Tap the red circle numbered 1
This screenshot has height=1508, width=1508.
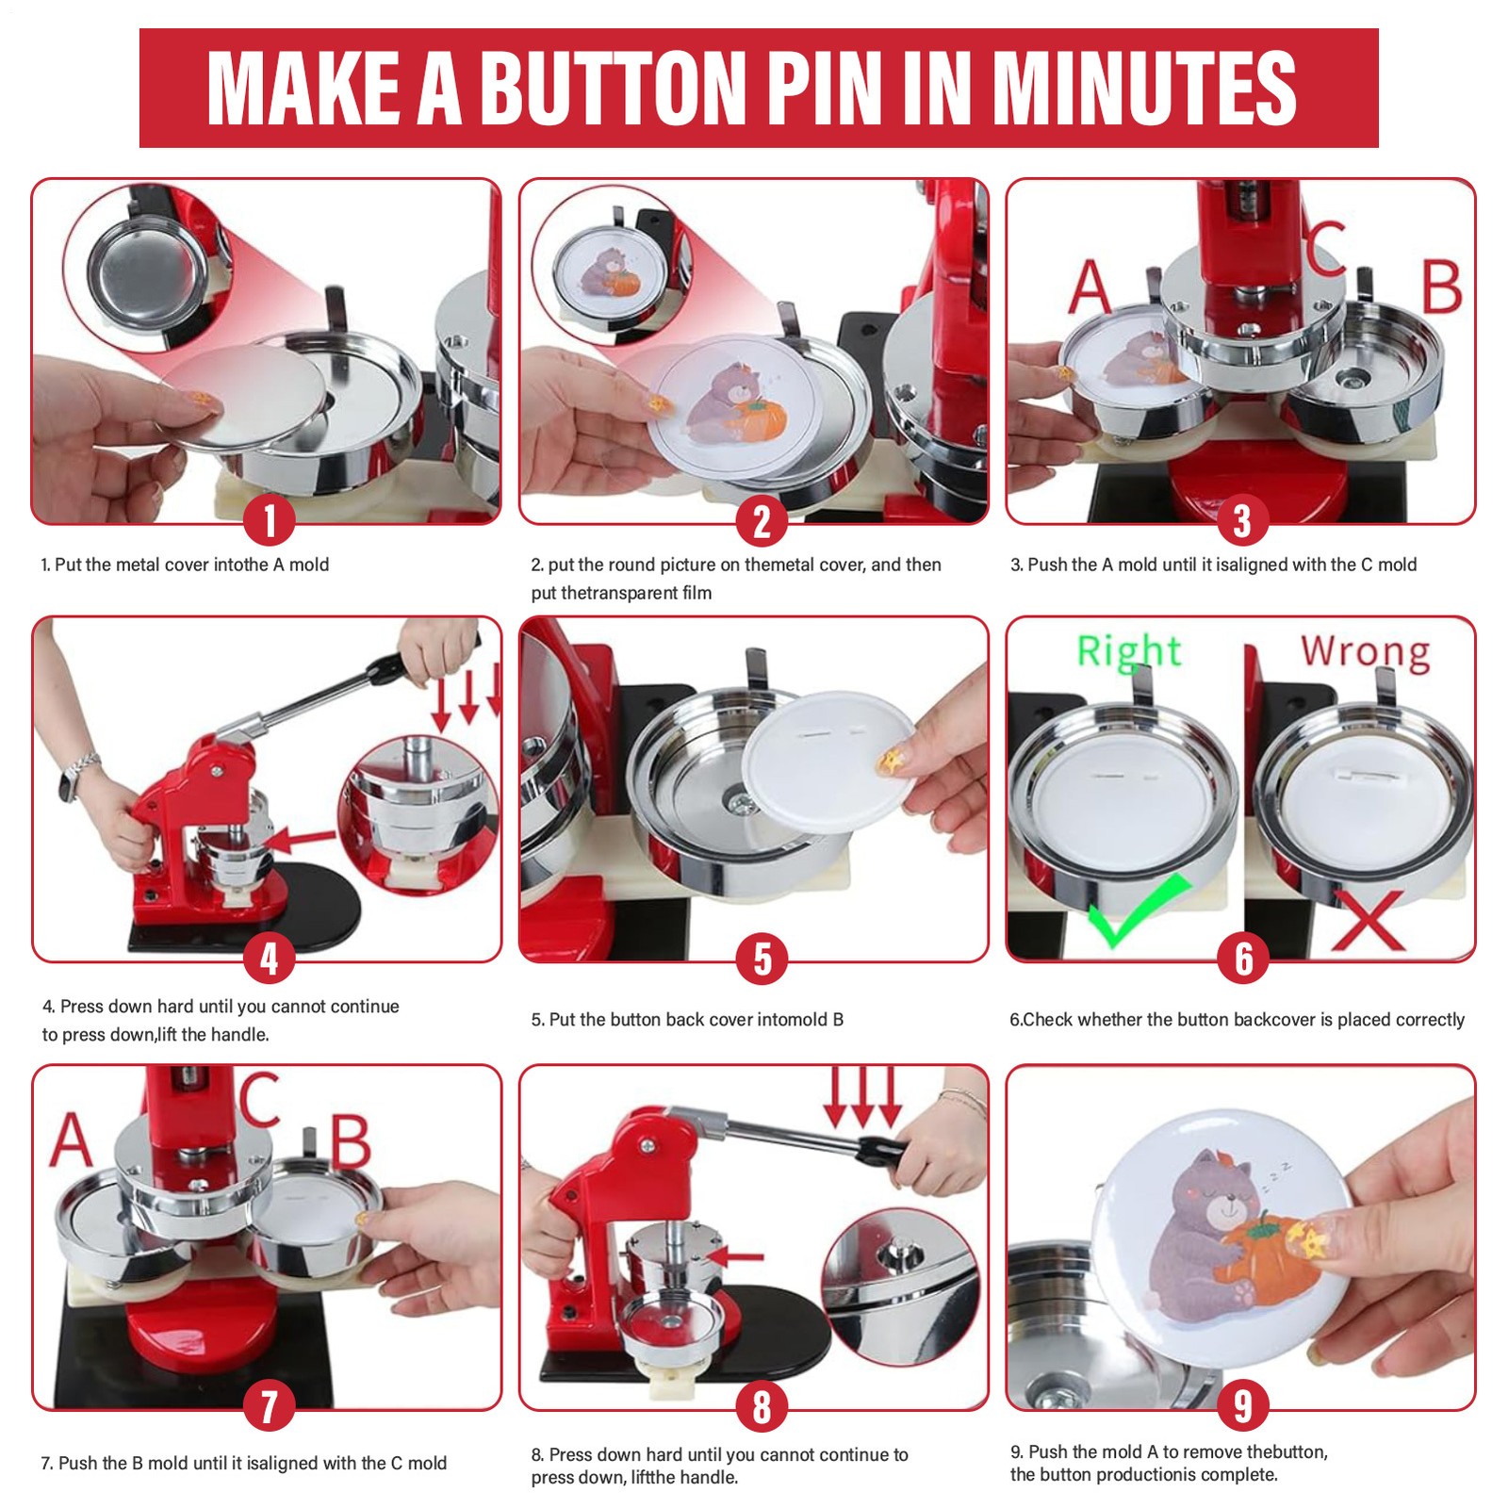270,520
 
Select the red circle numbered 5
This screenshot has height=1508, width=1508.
762,959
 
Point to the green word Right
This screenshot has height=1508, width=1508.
1128,651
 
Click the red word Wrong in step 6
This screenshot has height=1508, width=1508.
1365,651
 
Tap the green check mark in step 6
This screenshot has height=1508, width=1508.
1139,911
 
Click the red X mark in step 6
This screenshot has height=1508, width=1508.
1368,919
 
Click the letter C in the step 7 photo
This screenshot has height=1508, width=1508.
257,1099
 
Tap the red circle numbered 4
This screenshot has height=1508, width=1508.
270,959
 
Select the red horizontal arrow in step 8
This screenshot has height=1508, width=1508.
734,1256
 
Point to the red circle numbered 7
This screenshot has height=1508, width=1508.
270,1406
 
